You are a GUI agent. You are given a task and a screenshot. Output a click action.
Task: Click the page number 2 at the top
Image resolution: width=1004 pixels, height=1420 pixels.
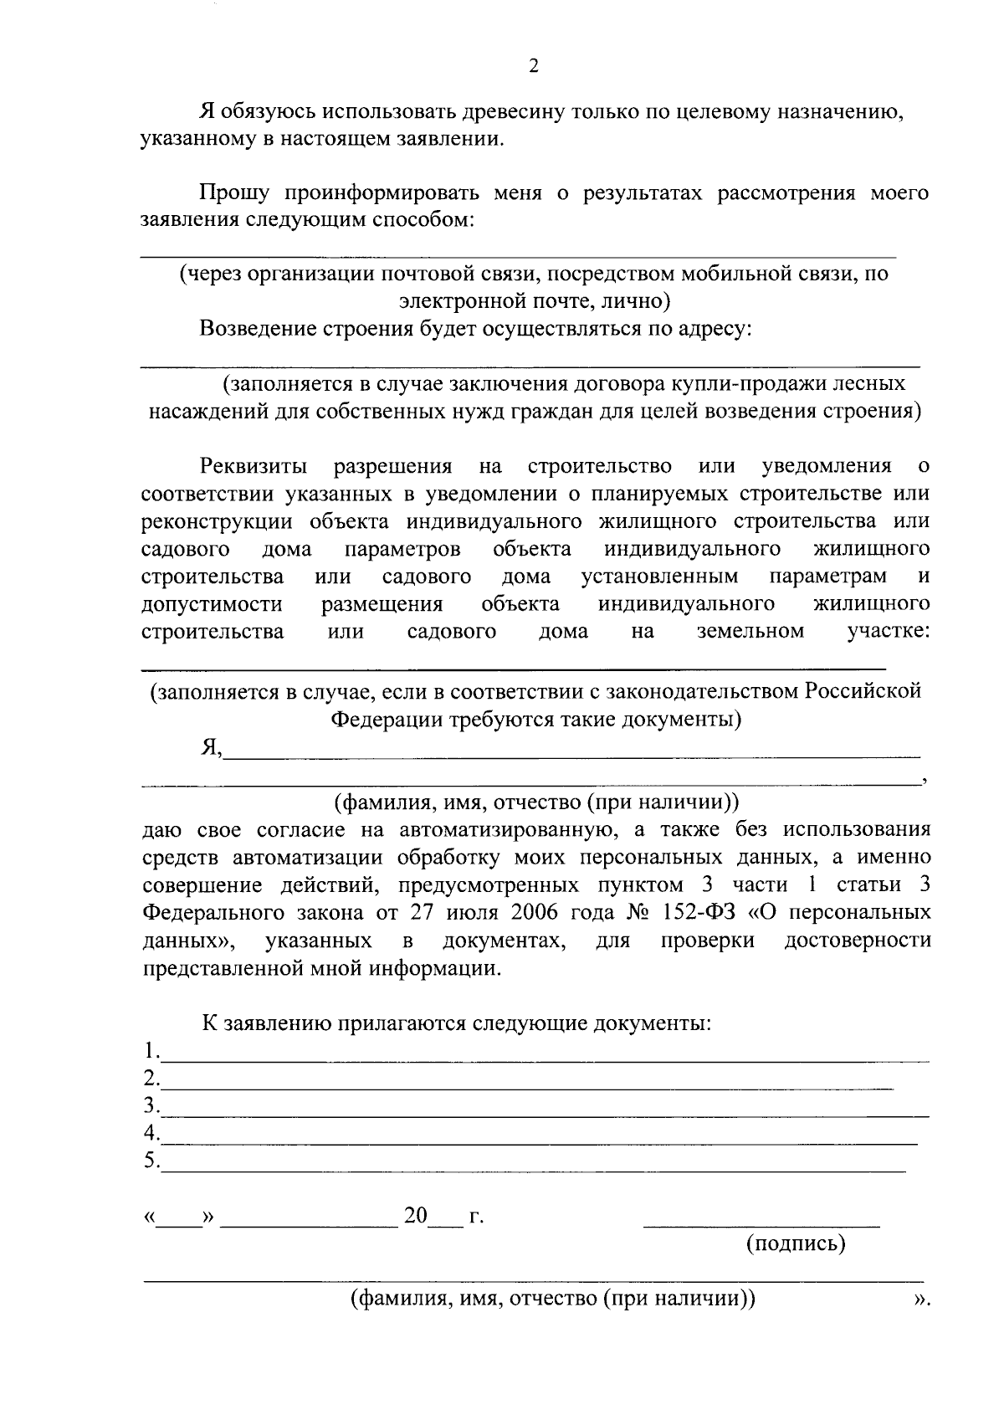pos(534,67)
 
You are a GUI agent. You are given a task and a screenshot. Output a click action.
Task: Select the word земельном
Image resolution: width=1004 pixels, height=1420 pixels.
pos(750,631)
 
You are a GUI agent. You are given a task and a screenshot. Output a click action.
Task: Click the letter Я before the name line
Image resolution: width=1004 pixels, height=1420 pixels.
pos(209,746)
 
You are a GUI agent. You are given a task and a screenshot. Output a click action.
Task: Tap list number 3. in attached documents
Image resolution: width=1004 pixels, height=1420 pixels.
pos(151,1106)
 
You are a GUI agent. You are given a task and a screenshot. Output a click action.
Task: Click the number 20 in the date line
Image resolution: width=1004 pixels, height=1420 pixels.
pos(416,1216)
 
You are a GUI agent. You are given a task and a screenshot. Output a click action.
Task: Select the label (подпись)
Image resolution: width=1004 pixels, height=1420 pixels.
pos(796,1243)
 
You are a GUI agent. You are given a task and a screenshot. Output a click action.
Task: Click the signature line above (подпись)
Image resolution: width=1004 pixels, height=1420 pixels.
pos(761,1226)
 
